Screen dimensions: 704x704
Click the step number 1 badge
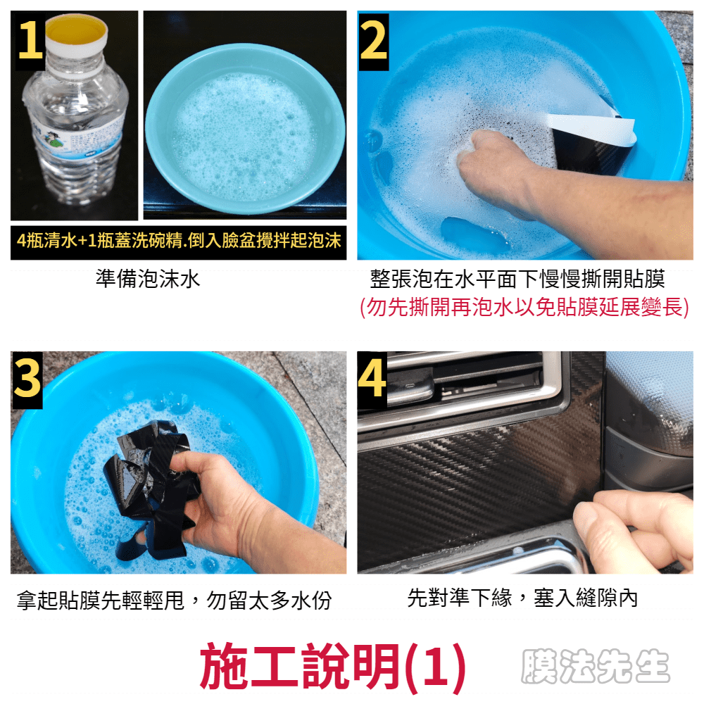[x=30, y=41]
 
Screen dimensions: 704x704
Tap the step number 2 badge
[x=373, y=42]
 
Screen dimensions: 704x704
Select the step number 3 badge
[x=27, y=380]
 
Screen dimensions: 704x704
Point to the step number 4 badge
[x=372, y=380]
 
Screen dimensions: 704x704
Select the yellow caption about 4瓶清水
[x=179, y=241]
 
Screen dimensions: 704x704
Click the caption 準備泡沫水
[x=148, y=279]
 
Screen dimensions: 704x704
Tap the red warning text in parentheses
[x=524, y=308]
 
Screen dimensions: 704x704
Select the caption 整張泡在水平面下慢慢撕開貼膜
[x=517, y=279]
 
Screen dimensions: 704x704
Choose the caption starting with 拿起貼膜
[x=174, y=600]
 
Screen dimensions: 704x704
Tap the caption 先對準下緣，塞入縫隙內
[x=522, y=598]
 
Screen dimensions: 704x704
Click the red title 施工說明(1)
[x=333, y=666]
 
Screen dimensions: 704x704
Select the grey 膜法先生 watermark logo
[x=596, y=666]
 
